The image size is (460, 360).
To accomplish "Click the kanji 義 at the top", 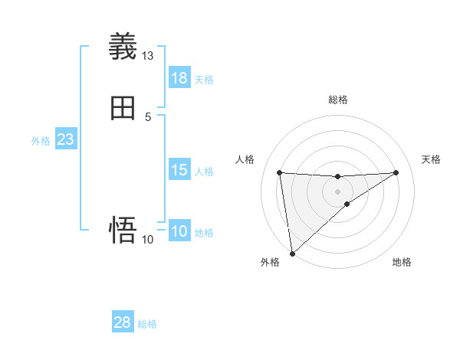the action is [123, 47].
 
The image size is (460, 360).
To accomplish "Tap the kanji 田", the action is [123, 108].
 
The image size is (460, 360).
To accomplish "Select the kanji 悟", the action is [123, 230].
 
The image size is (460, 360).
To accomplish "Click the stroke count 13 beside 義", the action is [148, 56].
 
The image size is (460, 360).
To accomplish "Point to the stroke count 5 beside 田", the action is [148, 117].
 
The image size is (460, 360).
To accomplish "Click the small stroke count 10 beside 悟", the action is [148, 240].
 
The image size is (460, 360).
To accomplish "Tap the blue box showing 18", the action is [179, 78].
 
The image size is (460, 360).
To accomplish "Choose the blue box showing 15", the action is [179, 170].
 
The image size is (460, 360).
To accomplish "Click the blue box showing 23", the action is [65, 139].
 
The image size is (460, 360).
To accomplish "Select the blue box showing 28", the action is [123, 322].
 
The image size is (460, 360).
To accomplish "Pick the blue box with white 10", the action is [179, 231].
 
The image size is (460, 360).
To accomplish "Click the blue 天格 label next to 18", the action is [204, 80].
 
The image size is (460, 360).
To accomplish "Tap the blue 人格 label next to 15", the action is [204, 172].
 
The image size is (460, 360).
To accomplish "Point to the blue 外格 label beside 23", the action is [41, 141].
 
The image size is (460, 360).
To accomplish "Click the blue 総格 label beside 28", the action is [147, 324].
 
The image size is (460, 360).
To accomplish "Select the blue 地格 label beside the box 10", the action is [204, 233].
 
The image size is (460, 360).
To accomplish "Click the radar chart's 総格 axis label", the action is [337, 100].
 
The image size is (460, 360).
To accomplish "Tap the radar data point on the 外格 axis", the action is [292, 253].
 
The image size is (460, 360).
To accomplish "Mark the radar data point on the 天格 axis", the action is [396, 172].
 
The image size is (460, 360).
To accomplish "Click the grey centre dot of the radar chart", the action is [337, 191].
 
